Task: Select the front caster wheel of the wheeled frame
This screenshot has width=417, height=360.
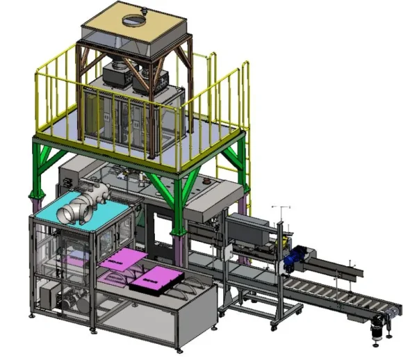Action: tap(276, 324)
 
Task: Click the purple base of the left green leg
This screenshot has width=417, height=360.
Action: tap(35, 202)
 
